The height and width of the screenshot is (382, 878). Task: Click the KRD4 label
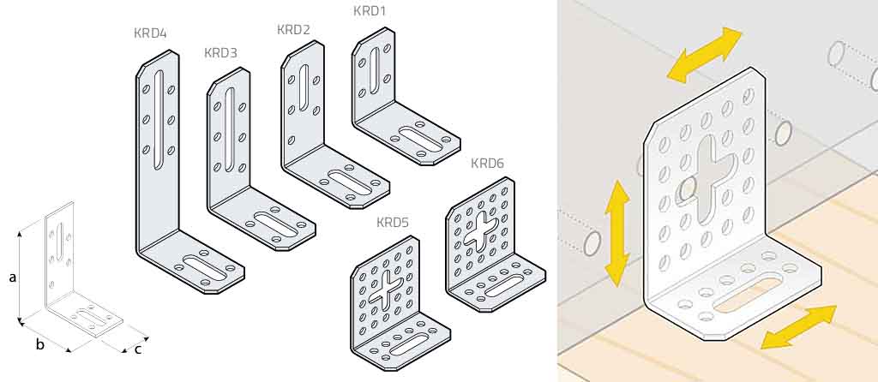[x=150, y=33]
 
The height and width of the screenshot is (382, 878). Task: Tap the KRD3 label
[x=220, y=53]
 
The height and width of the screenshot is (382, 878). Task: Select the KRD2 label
[x=293, y=30]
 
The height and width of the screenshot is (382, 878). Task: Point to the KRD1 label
[x=370, y=10]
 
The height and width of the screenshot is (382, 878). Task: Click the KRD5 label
[x=392, y=223]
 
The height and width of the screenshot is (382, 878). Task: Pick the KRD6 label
[x=487, y=164]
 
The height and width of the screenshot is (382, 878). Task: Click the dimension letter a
[x=12, y=278]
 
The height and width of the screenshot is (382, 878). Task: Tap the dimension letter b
[x=39, y=344]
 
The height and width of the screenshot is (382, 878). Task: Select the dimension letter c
[x=138, y=350]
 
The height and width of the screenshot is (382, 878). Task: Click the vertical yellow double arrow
[x=616, y=233]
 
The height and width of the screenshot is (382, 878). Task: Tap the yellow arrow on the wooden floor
[x=798, y=327]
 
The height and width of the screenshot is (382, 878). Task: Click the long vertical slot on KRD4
[x=159, y=118]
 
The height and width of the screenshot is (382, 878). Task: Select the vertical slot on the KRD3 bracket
[x=229, y=129]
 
